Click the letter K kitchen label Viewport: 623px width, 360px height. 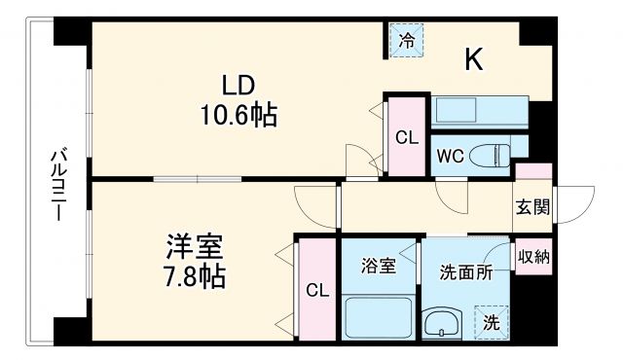point(474,60)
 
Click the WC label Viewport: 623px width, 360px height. point(449,156)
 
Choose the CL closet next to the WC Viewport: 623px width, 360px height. point(406,137)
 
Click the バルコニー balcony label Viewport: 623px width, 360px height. point(59,185)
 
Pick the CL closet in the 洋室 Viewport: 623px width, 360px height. point(316,290)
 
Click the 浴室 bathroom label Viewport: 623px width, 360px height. point(380,265)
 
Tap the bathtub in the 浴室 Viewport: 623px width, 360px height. point(380,316)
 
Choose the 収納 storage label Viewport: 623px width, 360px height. point(534,257)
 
